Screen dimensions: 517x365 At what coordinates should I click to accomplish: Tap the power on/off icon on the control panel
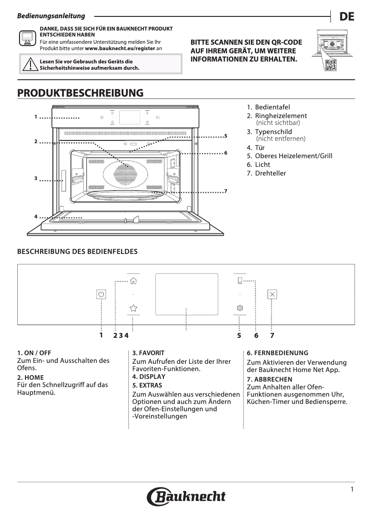[x=101, y=294]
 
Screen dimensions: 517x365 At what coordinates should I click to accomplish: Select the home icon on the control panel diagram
[x=133, y=281]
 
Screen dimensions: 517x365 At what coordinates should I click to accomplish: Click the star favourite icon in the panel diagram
[x=133, y=308]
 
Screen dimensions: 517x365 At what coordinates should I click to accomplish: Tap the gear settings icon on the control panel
[x=240, y=308]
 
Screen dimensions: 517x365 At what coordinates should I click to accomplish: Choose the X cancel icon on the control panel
[x=272, y=294]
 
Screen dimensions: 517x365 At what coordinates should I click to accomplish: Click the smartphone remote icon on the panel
[x=240, y=281]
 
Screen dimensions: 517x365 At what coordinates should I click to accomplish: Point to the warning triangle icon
[x=30, y=64]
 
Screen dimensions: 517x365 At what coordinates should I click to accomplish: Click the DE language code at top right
[x=347, y=16]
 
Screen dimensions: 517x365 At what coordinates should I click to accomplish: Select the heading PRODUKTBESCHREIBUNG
[x=80, y=93]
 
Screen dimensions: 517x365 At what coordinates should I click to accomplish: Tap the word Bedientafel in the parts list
[x=273, y=107]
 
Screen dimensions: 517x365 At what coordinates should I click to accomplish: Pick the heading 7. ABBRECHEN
[x=269, y=379]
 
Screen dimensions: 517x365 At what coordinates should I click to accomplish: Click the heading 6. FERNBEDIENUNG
[x=278, y=353]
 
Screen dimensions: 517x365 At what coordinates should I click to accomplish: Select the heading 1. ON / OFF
[x=34, y=353]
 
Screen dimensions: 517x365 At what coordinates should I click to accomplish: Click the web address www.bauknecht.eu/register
[x=120, y=48]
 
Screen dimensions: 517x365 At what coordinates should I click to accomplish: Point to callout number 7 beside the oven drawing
[x=225, y=191]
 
